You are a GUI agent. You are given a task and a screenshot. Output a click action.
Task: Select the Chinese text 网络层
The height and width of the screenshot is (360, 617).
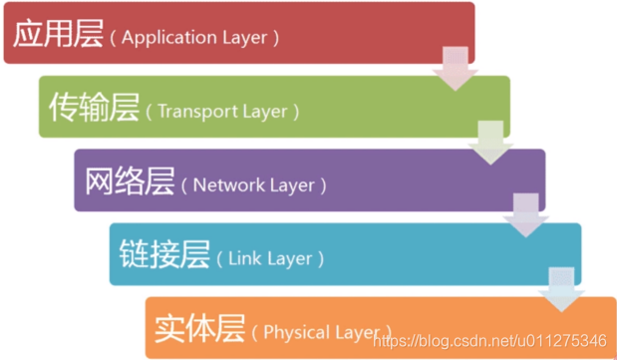click(x=130, y=182)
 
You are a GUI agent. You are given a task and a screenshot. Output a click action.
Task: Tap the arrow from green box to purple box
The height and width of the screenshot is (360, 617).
click(x=491, y=143)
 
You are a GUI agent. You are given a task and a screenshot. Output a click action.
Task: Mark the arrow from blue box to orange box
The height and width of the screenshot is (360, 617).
click(x=561, y=290)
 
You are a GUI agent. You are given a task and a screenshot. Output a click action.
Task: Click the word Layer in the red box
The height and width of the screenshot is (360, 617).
click(x=247, y=38)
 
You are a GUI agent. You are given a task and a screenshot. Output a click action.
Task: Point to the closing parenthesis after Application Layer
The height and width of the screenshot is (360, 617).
click(x=276, y=38)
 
